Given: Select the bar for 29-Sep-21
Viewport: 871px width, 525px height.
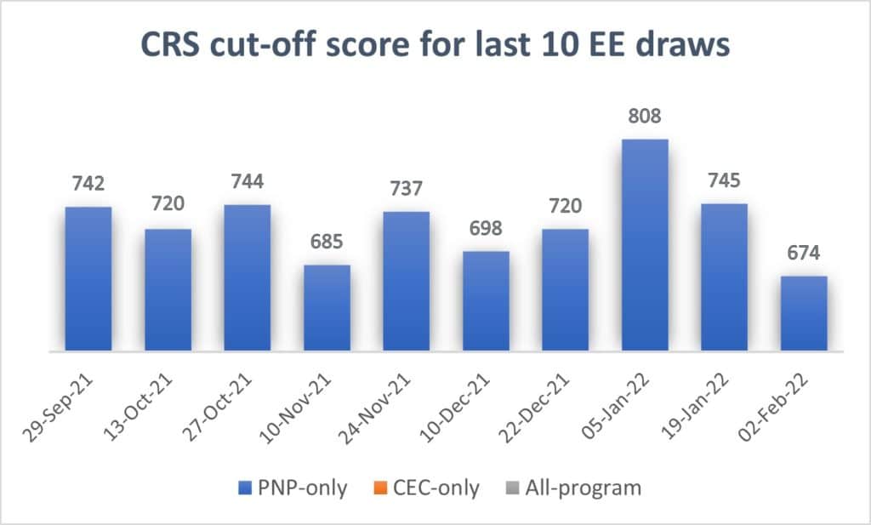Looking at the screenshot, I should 88,278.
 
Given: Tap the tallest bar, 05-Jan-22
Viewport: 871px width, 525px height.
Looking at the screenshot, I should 645,245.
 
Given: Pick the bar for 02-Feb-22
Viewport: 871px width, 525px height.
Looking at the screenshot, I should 804,313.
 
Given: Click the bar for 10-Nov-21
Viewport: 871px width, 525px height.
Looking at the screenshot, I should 327,307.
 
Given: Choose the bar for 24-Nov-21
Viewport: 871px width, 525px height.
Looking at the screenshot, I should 407,281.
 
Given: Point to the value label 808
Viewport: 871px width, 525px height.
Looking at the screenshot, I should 645,115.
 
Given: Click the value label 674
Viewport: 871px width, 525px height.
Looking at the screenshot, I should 804,253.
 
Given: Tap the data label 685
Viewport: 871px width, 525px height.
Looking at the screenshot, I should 327,242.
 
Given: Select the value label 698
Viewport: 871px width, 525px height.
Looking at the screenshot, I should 486,228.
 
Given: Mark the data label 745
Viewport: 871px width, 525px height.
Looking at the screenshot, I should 724,180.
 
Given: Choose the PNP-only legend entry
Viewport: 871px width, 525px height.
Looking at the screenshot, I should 293,488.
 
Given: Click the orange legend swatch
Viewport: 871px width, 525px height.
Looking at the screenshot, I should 379,488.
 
